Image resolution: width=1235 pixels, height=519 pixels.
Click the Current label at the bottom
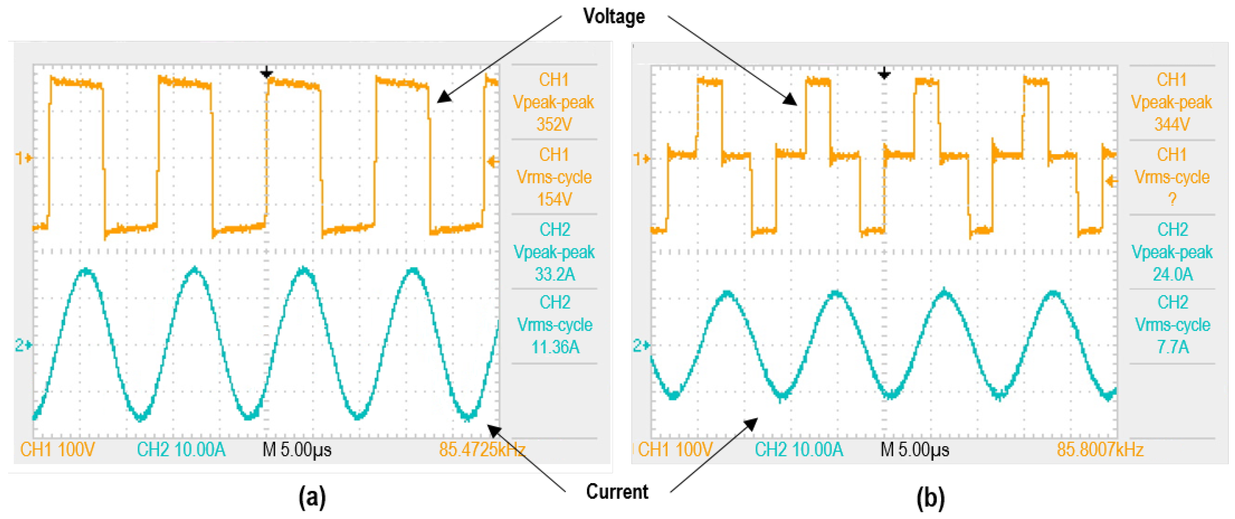point(617,492)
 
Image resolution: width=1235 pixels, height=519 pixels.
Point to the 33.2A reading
point(555,274)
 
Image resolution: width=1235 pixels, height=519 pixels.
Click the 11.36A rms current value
point(555,346)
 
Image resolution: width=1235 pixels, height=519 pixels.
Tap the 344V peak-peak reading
point(1172,124)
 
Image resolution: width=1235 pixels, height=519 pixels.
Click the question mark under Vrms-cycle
point(1172,199)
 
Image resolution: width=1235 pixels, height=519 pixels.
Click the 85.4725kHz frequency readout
point(482,450)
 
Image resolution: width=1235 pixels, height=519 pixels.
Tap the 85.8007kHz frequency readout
point(1100,450)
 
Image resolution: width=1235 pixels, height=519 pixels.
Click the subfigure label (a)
point(312,497)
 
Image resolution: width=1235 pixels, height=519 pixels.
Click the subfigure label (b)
point(930,497)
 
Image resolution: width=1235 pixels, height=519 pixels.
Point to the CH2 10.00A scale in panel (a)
point(181,450)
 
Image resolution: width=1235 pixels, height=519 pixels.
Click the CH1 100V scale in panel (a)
point(58,450)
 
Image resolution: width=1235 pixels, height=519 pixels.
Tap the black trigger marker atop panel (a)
point(266,73)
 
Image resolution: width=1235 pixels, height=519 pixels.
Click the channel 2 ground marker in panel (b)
point(641,345)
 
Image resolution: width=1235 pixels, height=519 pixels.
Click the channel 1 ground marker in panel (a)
point(23,158)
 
